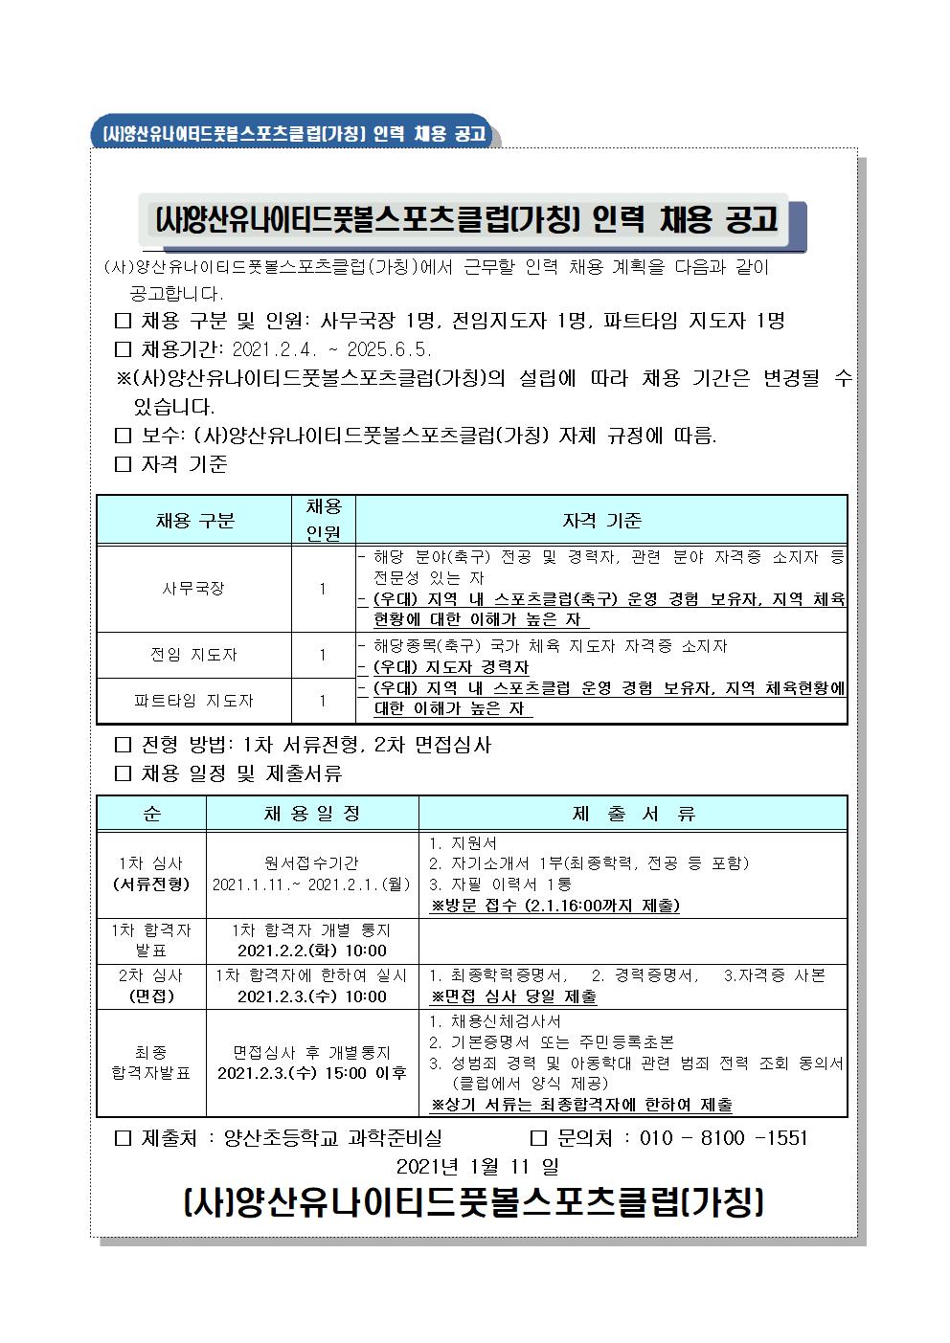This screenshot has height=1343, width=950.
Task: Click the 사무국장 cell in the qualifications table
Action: [193, 589]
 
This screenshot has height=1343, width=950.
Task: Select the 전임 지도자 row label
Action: [193, 655]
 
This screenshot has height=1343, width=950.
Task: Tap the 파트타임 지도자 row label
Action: [193, 701]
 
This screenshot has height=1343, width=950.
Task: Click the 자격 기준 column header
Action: [601, 521]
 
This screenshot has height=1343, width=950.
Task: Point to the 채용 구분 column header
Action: [194, 521]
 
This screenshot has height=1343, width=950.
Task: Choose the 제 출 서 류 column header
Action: [633, 814]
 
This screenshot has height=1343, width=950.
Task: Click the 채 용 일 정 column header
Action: [312, 814]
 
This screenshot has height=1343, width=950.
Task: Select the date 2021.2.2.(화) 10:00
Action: [312, 951]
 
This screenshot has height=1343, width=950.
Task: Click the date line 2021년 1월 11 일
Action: [476, 1167]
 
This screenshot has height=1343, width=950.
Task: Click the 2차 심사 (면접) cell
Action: [151, 986]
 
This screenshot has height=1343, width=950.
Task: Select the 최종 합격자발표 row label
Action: [151, 1063]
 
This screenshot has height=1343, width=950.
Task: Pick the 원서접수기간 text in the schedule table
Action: [312, 863]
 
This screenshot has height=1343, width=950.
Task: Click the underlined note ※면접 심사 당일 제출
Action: [514, 996]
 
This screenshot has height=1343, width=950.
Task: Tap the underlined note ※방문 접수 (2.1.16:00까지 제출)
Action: [555, 906]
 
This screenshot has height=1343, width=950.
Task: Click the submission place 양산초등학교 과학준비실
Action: [332, 1138]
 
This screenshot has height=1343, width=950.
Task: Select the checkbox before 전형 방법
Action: [122, 745]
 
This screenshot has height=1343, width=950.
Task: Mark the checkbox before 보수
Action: [122, 436]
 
